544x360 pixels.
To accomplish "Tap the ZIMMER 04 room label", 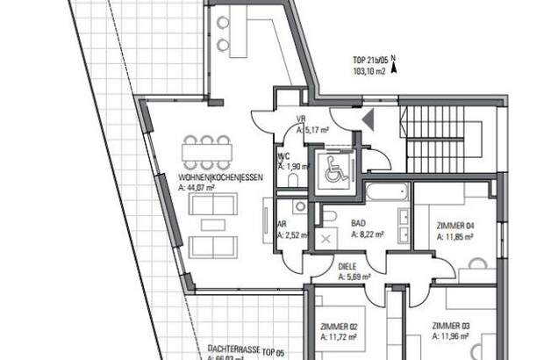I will [455, 225].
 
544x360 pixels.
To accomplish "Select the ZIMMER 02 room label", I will [339, 326].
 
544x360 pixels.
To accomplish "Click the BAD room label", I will [358, 224].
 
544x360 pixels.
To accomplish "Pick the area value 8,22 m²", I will [366, 235].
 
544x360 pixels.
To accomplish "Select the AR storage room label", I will [281, 224].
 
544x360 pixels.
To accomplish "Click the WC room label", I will [283, 155].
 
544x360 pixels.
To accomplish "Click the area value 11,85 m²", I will [455, 235].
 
